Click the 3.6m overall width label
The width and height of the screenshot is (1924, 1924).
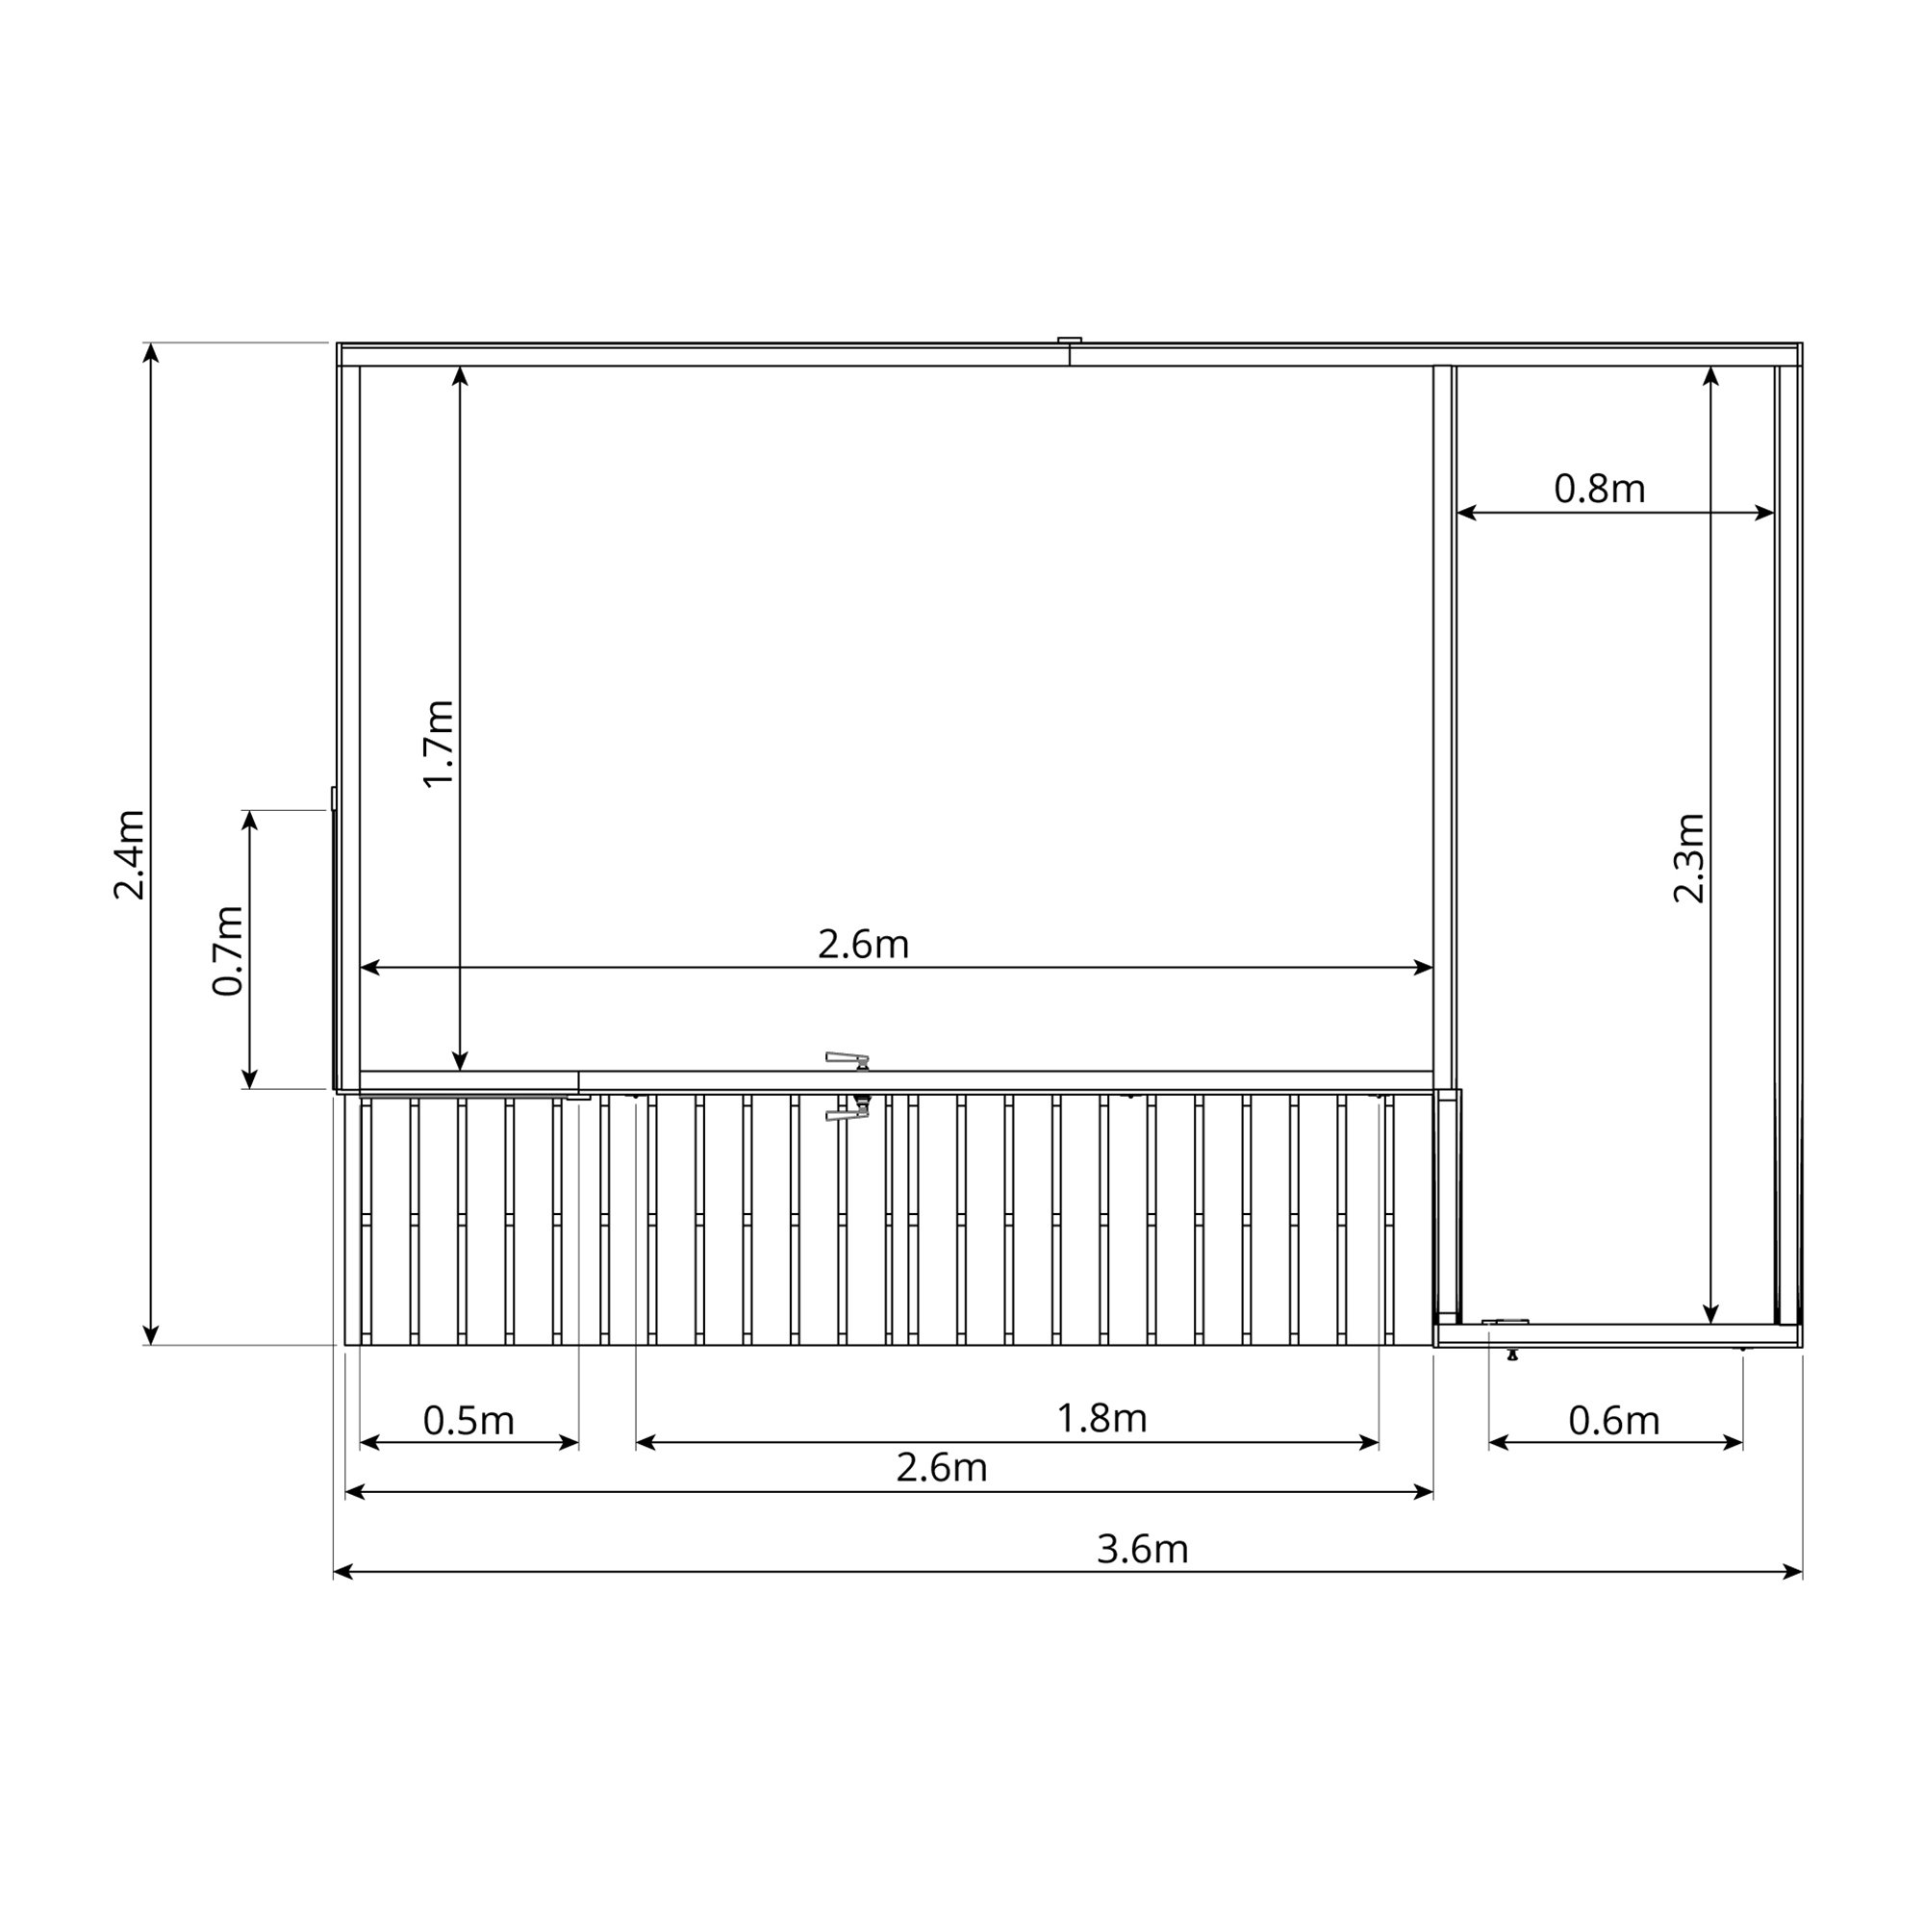[x=1142, y=1550]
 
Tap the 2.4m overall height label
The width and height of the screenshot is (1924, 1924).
[x=130, y=855]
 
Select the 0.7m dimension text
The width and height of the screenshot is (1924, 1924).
[x=228, y=951]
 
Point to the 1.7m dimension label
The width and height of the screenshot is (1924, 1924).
[x=438, y=744]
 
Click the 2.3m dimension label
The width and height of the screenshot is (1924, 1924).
[x=1689, y=858]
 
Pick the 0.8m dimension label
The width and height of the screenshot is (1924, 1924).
[x=1600, y=489]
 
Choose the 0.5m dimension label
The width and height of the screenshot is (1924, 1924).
[x=468, y=1421]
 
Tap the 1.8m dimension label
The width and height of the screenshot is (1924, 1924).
[x=1101, y=1418]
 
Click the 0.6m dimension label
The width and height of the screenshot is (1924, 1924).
[x=1614, y=1421]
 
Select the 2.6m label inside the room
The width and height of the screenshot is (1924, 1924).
[x=864, y=944]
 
